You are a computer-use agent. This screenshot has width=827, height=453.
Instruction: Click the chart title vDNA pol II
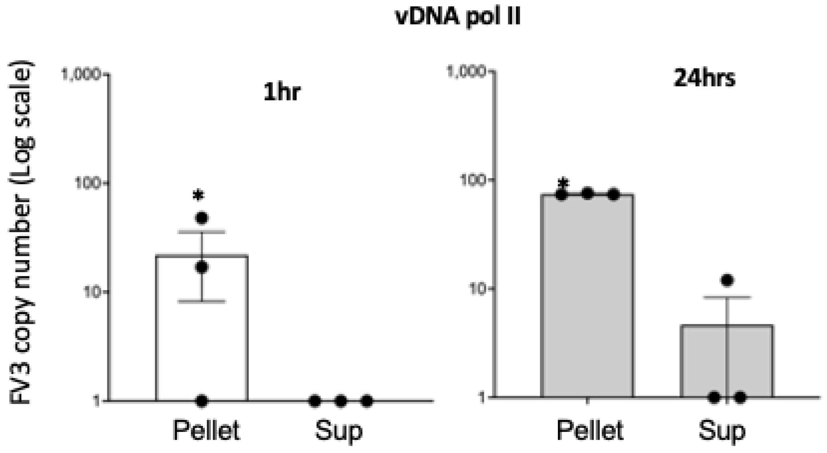(458, 16)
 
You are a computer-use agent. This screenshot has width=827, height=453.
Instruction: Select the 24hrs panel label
(704, 79)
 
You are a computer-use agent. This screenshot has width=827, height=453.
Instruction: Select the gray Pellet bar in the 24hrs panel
(587, 296)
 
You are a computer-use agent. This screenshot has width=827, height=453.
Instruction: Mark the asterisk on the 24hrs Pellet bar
(564, 183)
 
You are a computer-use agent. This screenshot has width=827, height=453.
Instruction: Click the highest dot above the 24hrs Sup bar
(727, 280)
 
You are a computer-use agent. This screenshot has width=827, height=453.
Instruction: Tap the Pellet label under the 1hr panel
(206, 430)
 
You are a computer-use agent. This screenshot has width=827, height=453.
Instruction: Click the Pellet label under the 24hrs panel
(590, 430)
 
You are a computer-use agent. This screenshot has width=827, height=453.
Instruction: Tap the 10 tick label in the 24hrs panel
(476, 289)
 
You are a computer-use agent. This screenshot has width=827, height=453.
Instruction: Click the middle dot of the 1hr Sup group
(341, 401)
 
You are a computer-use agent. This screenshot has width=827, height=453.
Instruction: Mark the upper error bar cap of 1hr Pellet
(202, 232)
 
